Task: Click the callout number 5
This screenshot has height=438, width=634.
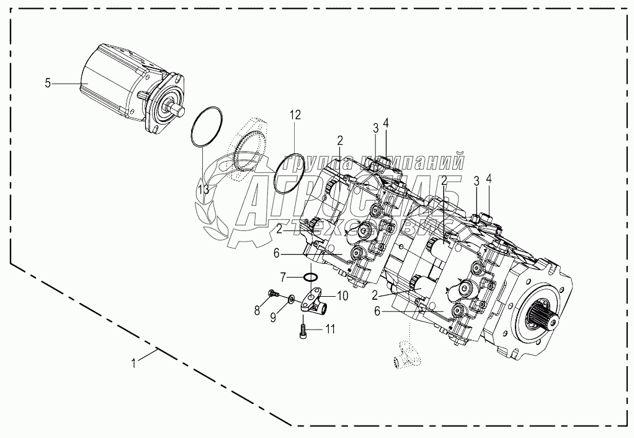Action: click(48, 82)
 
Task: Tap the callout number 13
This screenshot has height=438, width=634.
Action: click(203, 188)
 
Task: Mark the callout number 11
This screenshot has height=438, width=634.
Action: click(331, 330)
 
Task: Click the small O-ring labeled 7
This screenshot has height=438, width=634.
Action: click(312, 276)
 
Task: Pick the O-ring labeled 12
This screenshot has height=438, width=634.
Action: click(290, 175)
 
